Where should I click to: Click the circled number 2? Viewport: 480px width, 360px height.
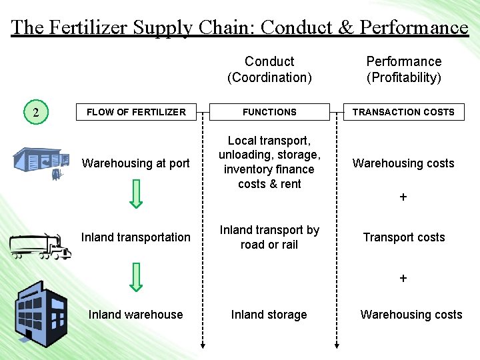point(36,112)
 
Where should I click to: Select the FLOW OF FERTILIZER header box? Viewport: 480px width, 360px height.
point(136,112)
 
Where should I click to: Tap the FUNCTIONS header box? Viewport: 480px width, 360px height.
point(269,112)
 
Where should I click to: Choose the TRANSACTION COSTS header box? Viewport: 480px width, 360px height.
point(403,112)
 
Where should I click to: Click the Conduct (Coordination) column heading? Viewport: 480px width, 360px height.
point(269,69)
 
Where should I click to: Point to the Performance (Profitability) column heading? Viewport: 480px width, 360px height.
point(403,69)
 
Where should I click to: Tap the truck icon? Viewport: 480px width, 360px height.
point(40,246)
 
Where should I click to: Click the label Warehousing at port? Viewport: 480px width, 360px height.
point(135,163)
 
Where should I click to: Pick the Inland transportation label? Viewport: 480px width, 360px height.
point(135,237)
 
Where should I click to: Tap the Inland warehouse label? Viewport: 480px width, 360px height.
point(135,315)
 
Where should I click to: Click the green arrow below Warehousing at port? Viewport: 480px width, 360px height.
point(136,194)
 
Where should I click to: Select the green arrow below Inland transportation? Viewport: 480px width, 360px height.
point(136,277)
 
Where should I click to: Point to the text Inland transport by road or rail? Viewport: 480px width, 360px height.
point(269,237)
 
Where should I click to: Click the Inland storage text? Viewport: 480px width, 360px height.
point(269,315)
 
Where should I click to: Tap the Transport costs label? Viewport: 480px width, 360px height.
point(403,237)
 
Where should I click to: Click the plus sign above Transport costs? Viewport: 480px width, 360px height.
point(403,198)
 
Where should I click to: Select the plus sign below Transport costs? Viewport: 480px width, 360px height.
point(403,279)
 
